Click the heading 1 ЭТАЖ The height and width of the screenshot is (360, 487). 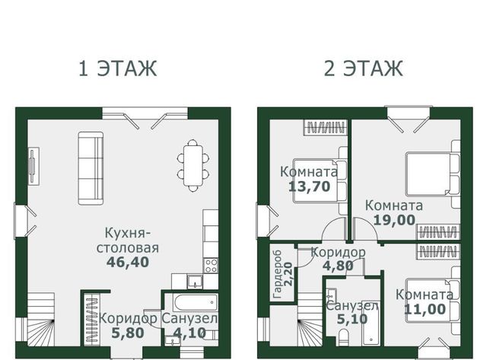(118, 68)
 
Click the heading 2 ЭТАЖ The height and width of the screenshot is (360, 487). (364, 68)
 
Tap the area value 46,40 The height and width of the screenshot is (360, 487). (128, 262)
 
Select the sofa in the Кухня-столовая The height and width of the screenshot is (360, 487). (91, 168)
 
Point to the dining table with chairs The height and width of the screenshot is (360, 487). (193, 165)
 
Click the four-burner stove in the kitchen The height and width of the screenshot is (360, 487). (211, 266)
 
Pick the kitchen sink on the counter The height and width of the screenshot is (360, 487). (195, 281)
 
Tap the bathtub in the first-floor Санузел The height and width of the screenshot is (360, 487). (196, 302)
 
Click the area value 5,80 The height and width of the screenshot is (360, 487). (128, 333)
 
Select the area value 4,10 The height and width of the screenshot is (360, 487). (189, 333)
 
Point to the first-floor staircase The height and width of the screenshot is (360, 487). (41, 319)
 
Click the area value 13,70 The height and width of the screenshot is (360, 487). (310, 186)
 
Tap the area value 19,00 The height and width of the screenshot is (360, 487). (394, 220)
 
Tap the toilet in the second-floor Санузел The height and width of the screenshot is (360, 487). (343, 338)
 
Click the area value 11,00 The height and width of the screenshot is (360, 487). (425, 309)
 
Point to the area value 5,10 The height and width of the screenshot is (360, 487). (352, 319)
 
